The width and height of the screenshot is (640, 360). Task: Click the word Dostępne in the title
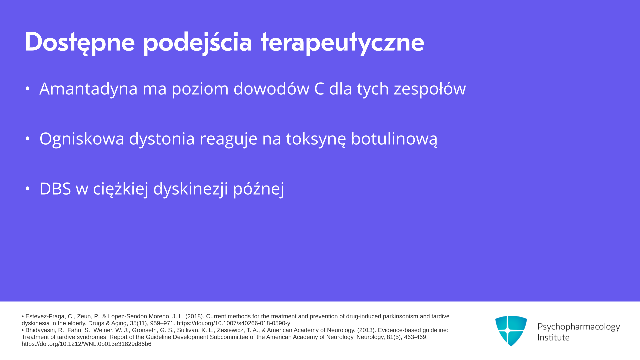(x=80, y=42)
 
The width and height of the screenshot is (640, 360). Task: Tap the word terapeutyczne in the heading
(x=342, y=42)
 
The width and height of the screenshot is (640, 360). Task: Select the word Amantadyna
(x=88, y=89)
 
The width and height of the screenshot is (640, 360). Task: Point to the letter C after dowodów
(x=319, y=89)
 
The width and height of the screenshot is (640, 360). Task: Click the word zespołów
(x=430, y=89)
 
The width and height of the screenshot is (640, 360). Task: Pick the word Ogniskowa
(x=82, y=139)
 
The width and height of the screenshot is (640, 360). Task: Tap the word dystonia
(x=162, y=139)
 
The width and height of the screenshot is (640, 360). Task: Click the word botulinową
(x=394, y=139)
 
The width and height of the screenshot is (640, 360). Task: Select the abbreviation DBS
(x=55, y=189)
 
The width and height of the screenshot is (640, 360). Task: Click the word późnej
(x=258, y=189)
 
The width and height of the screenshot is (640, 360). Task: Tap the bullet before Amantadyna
(x=28, y=89)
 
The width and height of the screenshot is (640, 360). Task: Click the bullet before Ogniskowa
(x=28, y=139)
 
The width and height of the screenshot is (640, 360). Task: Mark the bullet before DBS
(x=28, y=189)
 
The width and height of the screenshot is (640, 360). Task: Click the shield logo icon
(x=511, y=331)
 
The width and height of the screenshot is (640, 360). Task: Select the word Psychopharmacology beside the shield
(x=579, y=327)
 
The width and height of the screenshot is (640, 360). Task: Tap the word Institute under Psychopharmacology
(x=553, y=337)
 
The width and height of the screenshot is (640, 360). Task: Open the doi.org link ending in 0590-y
(x=233, y=323)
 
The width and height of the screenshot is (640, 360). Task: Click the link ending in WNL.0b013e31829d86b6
(x=86, y=344)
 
